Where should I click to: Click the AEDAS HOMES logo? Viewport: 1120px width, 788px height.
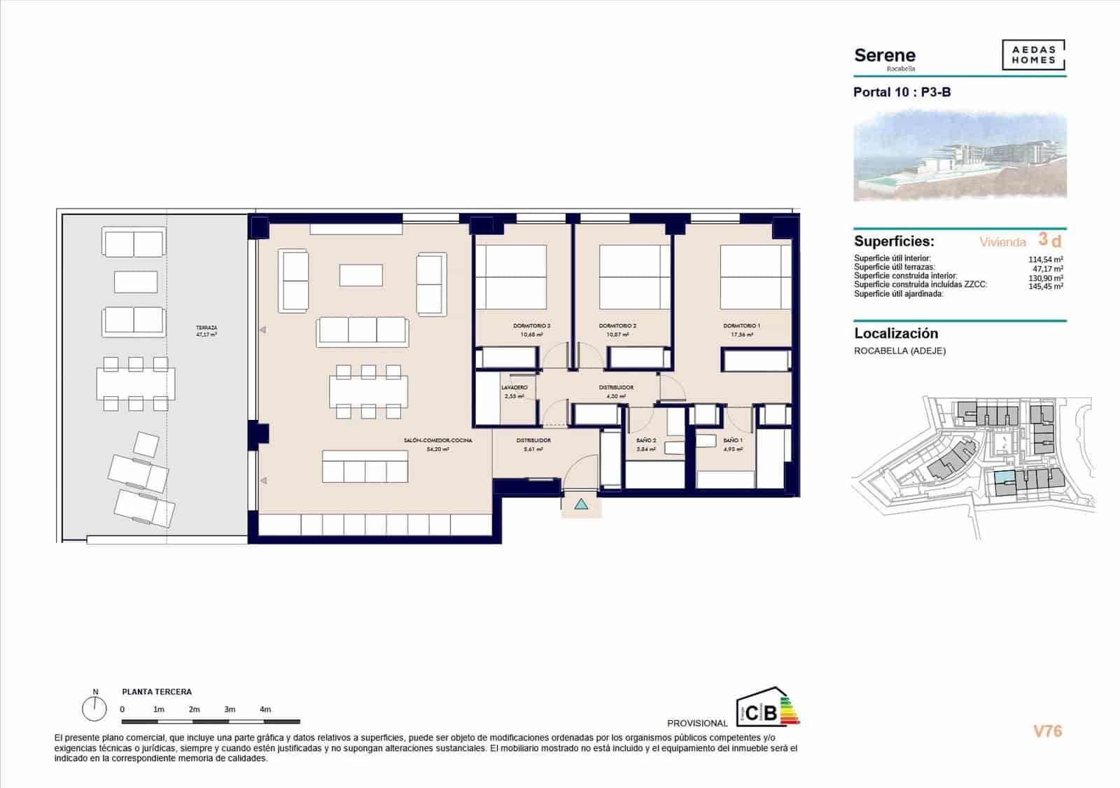pos(1033,55)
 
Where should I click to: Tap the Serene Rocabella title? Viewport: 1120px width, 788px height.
pos(885,57)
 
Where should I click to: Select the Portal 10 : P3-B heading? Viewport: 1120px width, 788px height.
pos(902,92)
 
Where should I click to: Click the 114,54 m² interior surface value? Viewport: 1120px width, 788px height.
pos(1045,259)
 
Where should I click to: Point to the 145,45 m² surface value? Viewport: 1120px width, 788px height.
pos(1045,286)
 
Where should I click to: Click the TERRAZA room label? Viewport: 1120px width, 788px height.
pos(206,328)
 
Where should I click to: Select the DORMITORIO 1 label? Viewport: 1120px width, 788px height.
pos(741,326)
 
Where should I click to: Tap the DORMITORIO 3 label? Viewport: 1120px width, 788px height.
pos(531,326)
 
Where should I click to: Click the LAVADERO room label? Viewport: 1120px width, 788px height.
pos(514,388)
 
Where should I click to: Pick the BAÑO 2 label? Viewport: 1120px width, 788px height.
pos(645,441)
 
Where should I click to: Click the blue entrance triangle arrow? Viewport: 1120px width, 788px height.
pos(581,504)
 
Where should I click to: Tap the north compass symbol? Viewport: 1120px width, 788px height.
pos(94,709)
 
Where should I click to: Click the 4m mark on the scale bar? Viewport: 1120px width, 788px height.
pos(265,710)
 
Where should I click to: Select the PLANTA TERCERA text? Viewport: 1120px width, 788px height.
pos(157,692)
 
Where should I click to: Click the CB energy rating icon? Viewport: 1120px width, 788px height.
pos(766,708)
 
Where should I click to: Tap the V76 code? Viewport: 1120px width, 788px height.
pos(1047,731)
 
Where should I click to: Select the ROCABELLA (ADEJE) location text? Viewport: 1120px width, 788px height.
pos(899,351)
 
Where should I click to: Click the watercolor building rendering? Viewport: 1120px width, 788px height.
pos(960,157)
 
